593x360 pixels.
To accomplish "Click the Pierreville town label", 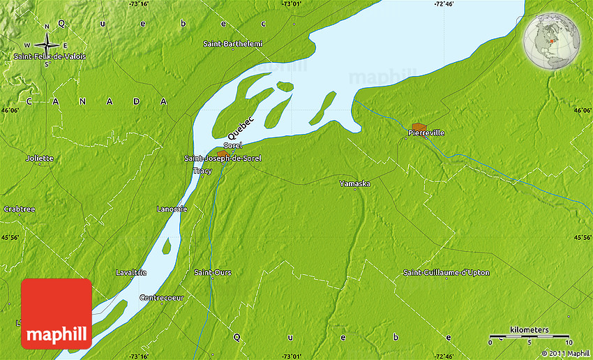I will coord(426,133).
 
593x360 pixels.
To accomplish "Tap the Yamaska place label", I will coord(354,183).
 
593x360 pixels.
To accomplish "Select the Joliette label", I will coord(39,158).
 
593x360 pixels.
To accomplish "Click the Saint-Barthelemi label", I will coord(233,44).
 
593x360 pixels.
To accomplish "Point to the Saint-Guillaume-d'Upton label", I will coord(446,272).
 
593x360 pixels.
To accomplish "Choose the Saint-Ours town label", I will coord(213,272).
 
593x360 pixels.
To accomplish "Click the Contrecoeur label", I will coord(161,297).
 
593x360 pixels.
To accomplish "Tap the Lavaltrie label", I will coord(131,272).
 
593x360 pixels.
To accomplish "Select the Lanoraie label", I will coord(171,209).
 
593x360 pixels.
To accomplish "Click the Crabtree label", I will coord(19,209).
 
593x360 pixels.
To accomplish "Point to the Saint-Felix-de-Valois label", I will coord(50,57).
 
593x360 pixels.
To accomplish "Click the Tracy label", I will coord(202,170).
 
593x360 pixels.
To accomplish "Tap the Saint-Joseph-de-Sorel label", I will coord(223,158).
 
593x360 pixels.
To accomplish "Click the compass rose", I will coord(47,44).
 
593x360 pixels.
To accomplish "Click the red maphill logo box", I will coord(57,314).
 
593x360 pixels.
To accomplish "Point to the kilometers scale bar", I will coord(530,336).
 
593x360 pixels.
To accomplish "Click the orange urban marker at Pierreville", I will coord(419,126).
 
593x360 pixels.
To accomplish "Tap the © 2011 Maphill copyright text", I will coord(566,353).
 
